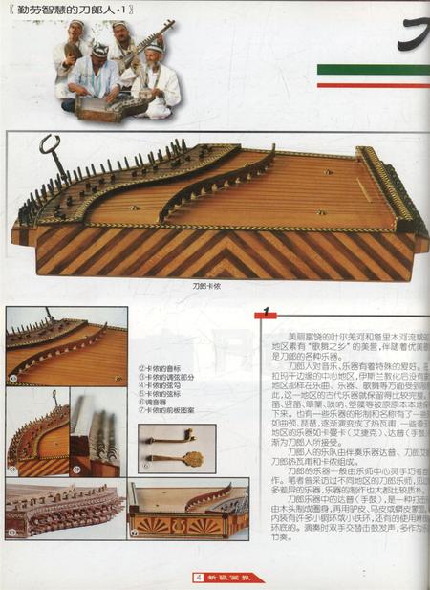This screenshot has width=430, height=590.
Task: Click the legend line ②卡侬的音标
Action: point(161,367)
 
